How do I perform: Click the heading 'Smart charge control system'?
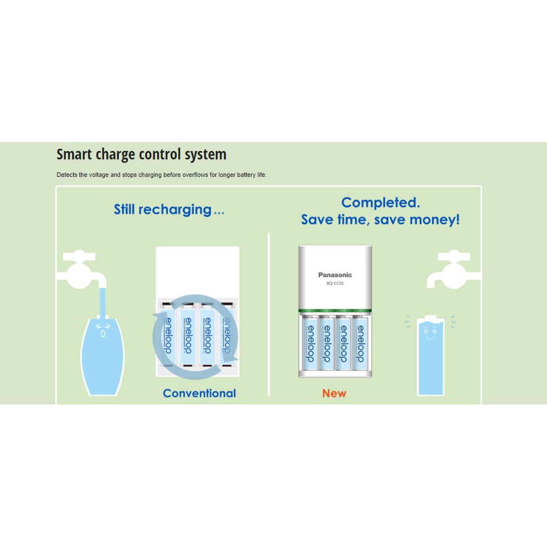point(141,154)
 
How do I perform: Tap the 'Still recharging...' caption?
point(169,210)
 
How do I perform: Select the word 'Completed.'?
point(380,202)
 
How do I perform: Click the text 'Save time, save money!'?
point(380,219)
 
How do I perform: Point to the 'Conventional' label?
point(199,393)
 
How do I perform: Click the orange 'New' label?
point(334,393)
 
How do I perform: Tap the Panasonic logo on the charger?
point(335,275)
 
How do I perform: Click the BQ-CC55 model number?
point(335,283)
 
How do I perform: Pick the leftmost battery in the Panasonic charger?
point(310,343)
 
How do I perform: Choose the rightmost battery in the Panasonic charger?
point(360,343)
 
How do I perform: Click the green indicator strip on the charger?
point(335,311)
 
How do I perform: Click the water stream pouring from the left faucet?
point(101,301)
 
